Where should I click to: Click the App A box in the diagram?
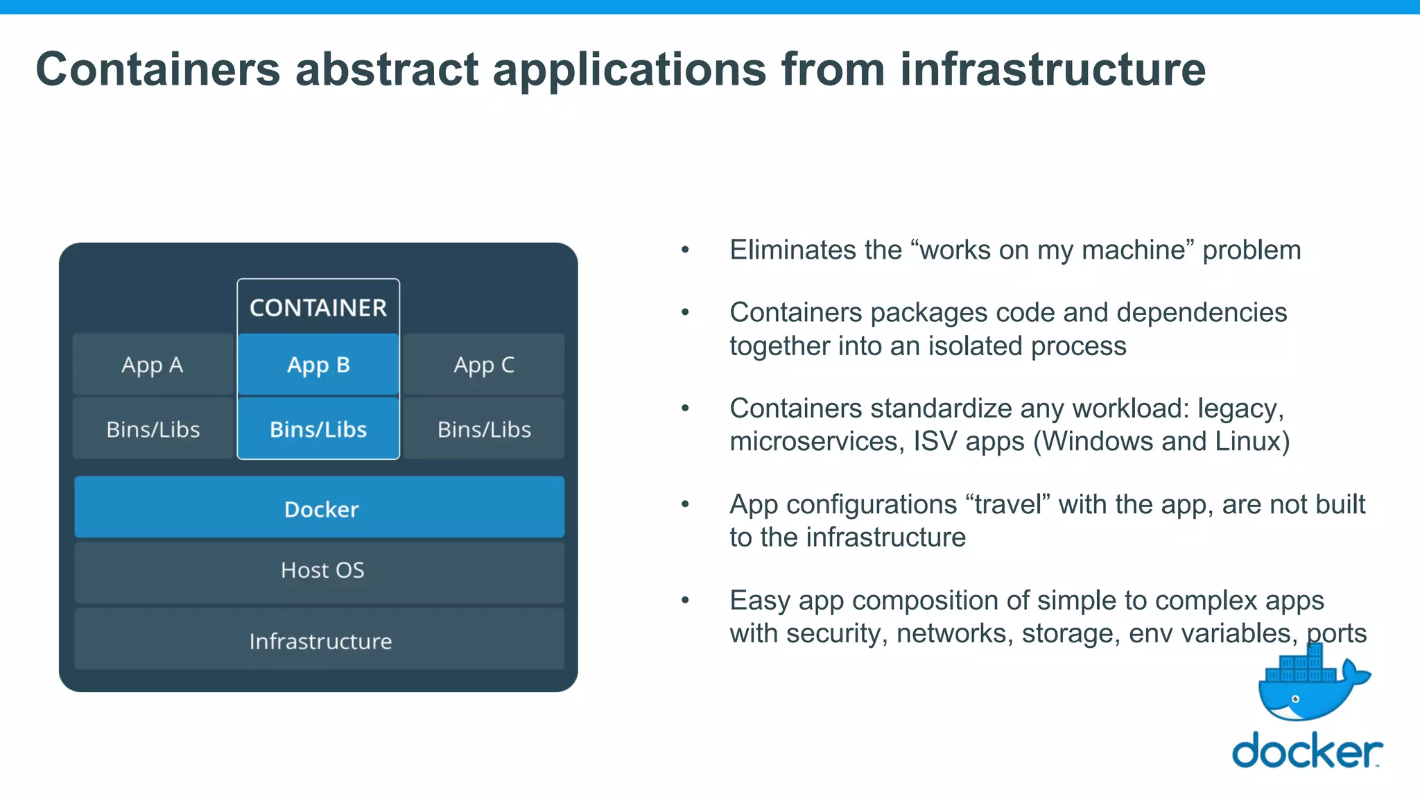[x=153, y=365]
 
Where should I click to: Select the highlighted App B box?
[x=318, y=365]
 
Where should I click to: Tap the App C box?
[x=484, y=365]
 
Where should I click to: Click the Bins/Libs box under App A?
[x=153, y=429]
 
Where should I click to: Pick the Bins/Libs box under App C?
[x=484, y=429]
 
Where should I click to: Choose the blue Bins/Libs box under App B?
[x=318, y=429]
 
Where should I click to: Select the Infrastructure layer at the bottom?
[x=320, y=641]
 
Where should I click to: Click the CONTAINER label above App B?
[x=318, y=308]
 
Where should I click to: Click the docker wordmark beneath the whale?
[x=1306, y=751]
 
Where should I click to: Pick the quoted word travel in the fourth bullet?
[x=1012, y=504]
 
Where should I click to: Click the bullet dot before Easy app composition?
[x=685, y=601]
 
